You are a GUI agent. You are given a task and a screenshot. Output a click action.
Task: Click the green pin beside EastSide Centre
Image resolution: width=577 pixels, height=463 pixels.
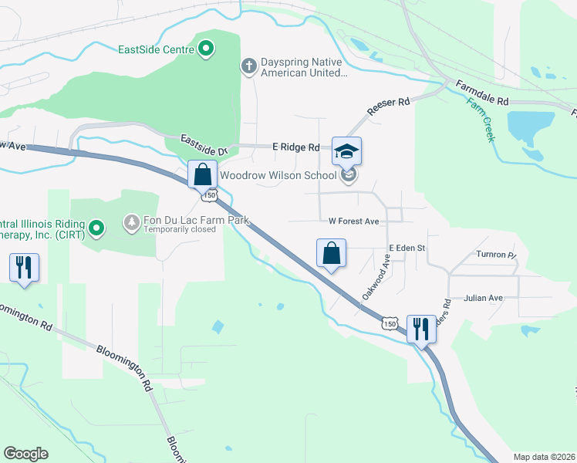point(206,49)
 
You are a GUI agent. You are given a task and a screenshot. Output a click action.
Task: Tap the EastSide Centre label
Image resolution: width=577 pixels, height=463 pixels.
point(155,50)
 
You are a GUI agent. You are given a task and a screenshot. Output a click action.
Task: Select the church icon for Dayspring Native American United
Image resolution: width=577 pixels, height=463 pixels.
point(248,66)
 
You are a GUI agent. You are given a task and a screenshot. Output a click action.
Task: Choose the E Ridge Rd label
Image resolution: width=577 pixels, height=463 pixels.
point(295,147)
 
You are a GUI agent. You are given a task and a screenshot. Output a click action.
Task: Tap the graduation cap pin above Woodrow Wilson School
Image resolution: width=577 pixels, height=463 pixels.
point(346,150)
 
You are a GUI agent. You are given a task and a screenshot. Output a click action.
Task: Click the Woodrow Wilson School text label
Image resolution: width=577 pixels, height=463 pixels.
point(278,175)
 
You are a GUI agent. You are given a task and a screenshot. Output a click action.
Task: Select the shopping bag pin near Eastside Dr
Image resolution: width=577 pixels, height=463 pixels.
point(202,174)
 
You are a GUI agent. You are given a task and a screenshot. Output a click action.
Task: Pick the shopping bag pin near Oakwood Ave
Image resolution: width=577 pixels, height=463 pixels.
point(331,252)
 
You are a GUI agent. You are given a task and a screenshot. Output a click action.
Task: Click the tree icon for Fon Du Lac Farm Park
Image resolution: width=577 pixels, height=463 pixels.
point(132,223)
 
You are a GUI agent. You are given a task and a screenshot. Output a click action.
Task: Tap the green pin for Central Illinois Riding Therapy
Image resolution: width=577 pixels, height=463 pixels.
point(96,227)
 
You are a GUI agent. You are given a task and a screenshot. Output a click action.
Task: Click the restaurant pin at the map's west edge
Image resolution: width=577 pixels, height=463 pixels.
point(22,267)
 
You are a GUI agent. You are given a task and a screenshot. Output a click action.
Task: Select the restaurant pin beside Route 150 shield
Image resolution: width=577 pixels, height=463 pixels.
point(420,329)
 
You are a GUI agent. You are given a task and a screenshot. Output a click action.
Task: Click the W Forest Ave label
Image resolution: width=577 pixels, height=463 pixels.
point(354,221)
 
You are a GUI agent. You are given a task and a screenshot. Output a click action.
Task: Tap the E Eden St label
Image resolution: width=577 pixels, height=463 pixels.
point(407,248)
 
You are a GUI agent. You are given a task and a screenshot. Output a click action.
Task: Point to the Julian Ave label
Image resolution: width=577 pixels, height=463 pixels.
point(483,298)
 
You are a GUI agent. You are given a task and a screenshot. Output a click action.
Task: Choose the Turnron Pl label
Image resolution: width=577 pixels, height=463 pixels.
point(494,254)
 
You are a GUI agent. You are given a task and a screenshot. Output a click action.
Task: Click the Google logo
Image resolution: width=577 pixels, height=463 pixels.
point(25,454)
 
